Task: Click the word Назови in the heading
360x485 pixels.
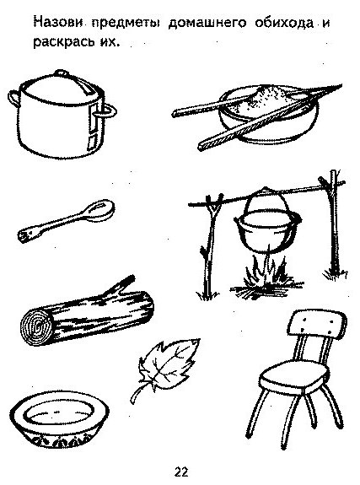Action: (x=58, y=23)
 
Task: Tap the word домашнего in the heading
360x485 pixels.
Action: (x=208, y=23)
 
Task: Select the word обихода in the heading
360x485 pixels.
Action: (x=284, y=24)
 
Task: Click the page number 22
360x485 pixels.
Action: (x=181, y=472)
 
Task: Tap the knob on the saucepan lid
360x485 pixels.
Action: (x=62, y=73)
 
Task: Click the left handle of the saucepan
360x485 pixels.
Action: (x=13, y=99)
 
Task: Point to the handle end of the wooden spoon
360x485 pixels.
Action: (x=24, y=236)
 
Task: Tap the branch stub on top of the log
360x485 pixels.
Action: (x=119, y=285)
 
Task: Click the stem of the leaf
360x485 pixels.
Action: (x=136, y=394)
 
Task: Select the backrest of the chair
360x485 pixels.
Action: (x=317, y=323)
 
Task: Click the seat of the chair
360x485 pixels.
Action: (x=292, y=377)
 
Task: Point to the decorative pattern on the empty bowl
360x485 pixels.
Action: (x=60, y=441)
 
